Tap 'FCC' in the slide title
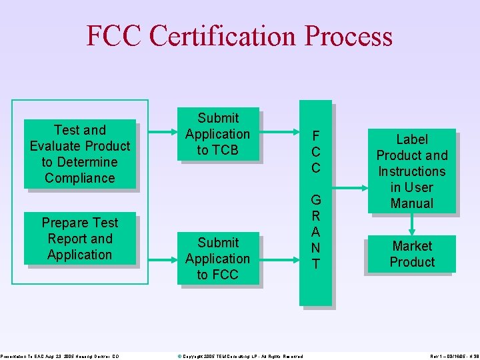pos(114,37)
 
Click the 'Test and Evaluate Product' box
pos(80,154)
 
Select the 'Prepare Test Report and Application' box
pos(80,239)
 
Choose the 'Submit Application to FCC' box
pos(217,259)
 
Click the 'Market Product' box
pos(411,254)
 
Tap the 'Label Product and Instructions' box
pos(411,171)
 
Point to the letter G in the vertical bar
pos(316,200)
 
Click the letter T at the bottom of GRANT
pos(316,264)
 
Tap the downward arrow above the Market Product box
pos(411,224)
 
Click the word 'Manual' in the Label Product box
pos(411,203)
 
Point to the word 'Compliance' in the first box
pos(80,178)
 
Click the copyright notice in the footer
pos(240,356)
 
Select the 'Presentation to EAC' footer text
pos(60,356)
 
